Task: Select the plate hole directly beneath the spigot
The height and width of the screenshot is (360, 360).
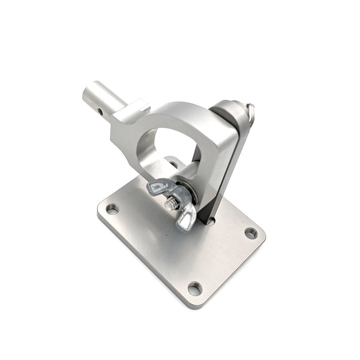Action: coord(112,208)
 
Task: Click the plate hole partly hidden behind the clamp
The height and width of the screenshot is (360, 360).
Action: coord(174,164)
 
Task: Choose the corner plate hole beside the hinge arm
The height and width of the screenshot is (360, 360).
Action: coord(250,233)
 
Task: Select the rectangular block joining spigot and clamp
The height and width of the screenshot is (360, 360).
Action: coord(129,121)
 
